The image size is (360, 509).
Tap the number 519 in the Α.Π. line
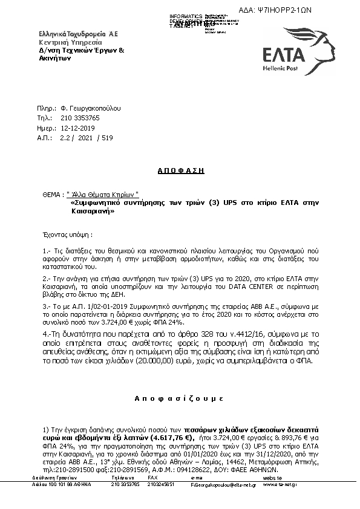pos(108,138)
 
